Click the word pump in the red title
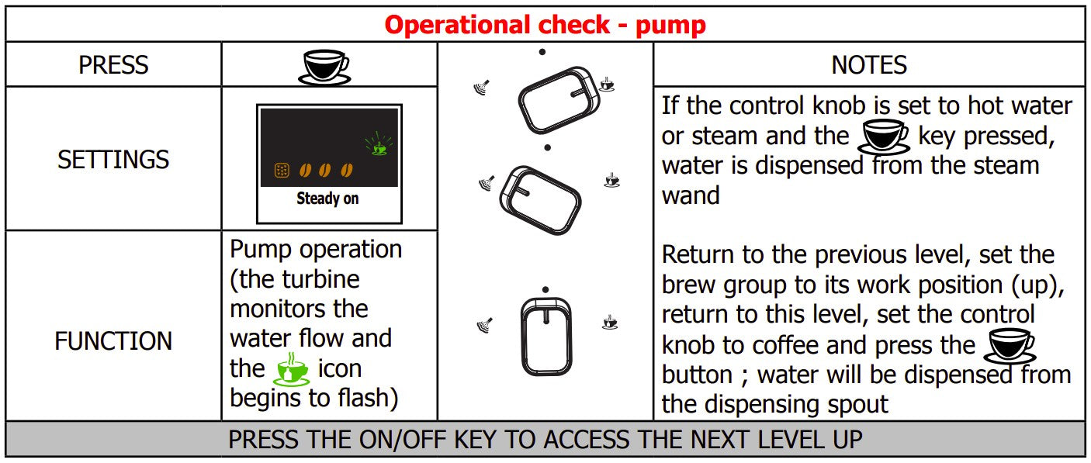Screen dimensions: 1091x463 [670, 26]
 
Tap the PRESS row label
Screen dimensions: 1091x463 [113, 65]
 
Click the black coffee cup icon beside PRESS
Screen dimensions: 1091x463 [325, 67]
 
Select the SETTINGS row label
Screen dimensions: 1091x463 [113, 159]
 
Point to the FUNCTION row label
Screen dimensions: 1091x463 [113, 340]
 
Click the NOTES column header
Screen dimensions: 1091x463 [869, 65]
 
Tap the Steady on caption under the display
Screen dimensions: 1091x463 [327, 198]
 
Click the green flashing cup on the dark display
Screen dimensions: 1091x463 [379, 143]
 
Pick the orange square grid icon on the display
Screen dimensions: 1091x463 [282, 170]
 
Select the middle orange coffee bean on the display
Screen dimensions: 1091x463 [324, 170]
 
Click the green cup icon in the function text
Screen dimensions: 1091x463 [291, 369]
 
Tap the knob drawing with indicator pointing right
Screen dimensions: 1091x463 [559, 100]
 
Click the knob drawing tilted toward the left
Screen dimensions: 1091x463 [540, 200]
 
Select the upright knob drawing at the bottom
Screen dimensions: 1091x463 [546, 337]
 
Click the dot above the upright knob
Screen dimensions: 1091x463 [545, 290]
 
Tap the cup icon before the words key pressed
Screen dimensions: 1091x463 [884, 136]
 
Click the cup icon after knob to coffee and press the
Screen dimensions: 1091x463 [1010, 346]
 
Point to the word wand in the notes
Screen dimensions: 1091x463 [691, 195]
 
